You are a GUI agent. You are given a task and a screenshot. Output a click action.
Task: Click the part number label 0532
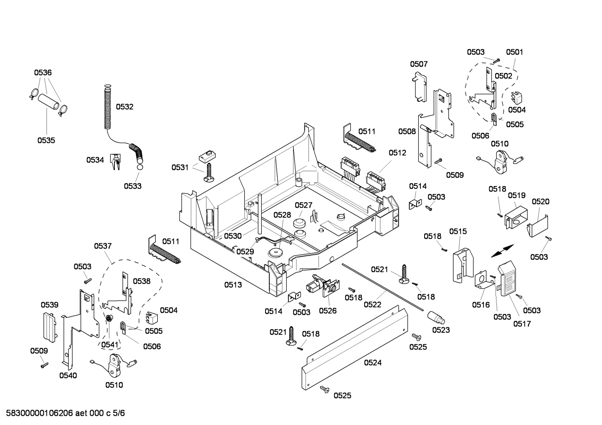tap(124, 107)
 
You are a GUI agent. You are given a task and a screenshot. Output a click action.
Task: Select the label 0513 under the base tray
tap(233, 285)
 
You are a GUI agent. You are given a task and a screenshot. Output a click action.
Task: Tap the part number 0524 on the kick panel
tap(372, 363)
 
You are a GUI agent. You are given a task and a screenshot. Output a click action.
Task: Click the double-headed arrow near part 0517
tap(502, 251)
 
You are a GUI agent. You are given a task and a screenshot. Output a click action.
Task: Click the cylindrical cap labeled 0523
tap(436, 318)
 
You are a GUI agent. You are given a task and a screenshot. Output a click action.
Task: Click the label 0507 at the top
tap(418, 64)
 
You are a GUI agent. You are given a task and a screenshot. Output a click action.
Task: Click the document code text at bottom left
tap(63, 413)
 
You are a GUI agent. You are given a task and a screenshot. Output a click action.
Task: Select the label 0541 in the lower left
tap(110, 345)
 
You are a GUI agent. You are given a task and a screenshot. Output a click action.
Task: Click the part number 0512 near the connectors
tap(397, 153)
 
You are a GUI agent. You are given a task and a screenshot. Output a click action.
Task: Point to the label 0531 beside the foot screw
tap(180, 167)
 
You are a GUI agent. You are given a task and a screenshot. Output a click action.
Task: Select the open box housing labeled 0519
tap(514, 217)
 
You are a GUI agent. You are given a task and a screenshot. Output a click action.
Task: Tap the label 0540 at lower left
tap(68, 375)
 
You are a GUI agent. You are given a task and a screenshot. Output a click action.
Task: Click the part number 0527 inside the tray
tap(304, 205)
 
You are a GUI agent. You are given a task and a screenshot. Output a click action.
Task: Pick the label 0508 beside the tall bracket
tap(407, 131)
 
